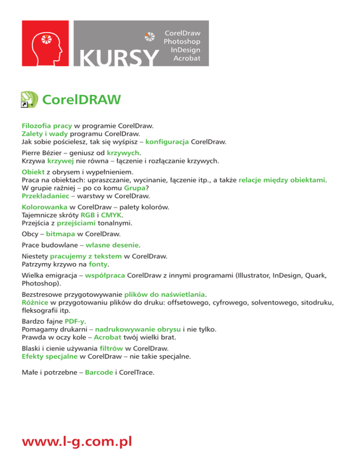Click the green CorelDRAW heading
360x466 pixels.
click(x=82, y=100)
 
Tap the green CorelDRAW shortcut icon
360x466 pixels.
click(x=29, y=100)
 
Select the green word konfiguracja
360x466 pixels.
click(x=167, y=141)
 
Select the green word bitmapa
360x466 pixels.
click(x=61, y=233)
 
